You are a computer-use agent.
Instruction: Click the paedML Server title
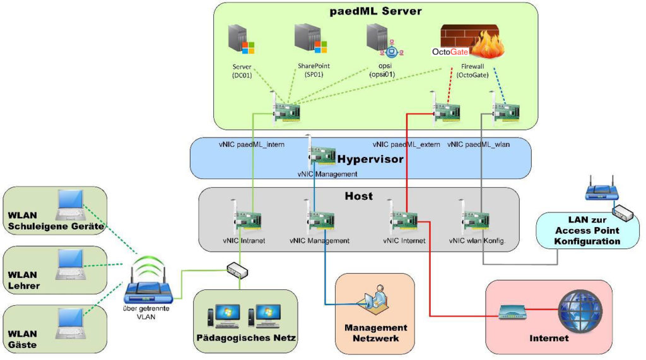[x=375, y=11]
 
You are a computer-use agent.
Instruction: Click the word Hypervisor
[x=370, y=159]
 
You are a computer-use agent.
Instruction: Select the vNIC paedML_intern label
[x=252, y=144]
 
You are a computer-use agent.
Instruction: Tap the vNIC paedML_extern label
[x=406, y=144]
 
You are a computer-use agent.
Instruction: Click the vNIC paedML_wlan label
[x=479, y=144]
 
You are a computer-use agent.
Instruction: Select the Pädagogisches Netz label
[x=245, y=338]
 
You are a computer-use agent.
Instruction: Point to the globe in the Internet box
[x=576, y=310]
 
